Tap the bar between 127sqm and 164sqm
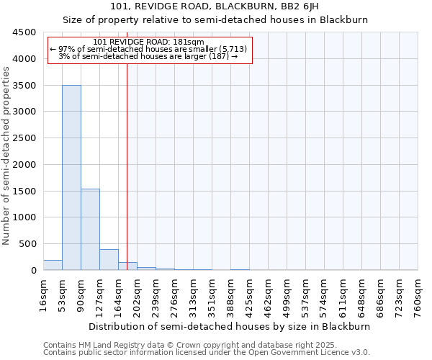coord(109,259)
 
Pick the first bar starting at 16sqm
coord(53,265)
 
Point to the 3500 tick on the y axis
coord(27,86)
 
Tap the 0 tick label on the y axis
coord(33,271)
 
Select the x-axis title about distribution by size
coord(230,326)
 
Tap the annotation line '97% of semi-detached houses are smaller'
coord(149,49)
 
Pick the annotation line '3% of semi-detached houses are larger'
coord(148,56)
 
